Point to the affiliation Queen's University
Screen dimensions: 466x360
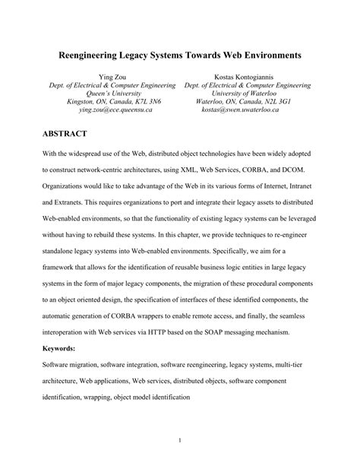pos(111,90)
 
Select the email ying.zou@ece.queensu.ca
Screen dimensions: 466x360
pos(111,109)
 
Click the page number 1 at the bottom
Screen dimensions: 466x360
pos(179,440)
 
